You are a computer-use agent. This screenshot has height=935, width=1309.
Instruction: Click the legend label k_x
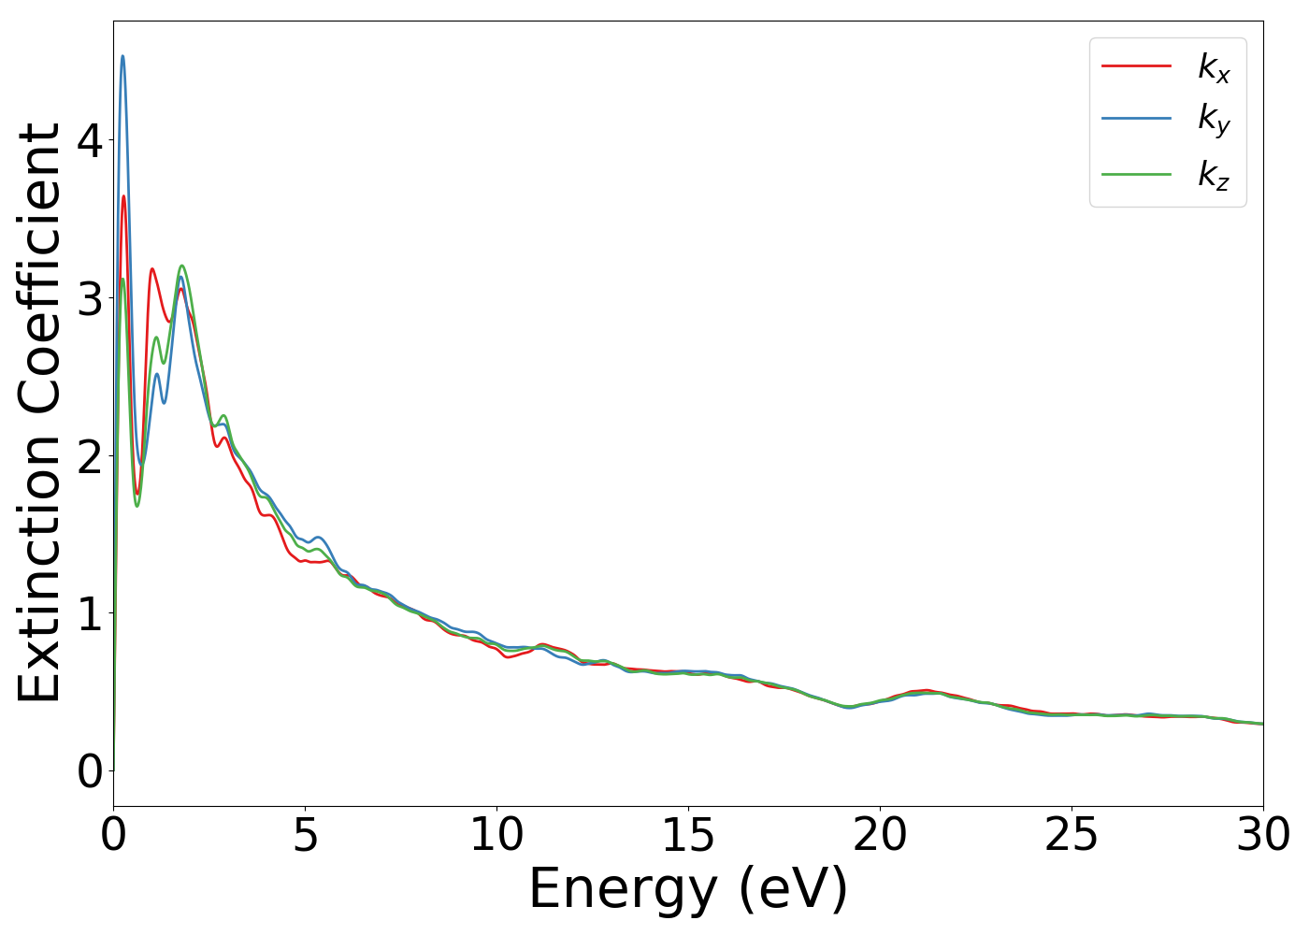click(x=1214, y=67)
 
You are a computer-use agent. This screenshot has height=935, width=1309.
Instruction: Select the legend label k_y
click(x=1214, y=120)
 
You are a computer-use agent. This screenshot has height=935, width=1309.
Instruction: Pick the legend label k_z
click(x=1214, y=175)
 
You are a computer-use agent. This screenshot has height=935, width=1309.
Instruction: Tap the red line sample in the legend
click(x=1136, y=65)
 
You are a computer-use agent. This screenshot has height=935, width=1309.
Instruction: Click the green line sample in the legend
click(x=1136, y=173)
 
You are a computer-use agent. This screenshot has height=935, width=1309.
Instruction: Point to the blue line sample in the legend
click(x=1136, y=118)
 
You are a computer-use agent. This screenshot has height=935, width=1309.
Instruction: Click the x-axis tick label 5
click(x=305, y=836)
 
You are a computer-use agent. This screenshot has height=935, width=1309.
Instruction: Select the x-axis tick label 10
click(x=496, y=836)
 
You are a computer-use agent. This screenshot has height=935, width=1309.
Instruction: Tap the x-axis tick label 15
click(x=688, y=836)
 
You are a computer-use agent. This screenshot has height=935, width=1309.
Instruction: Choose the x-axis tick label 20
click(x=880, y=836)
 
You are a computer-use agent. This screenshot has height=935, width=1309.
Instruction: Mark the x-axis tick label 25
click(x=1072, y=836)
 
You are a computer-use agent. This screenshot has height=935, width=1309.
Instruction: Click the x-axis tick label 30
click(x=1263, y=836)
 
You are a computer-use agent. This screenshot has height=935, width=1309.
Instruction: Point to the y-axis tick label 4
click(x=90, y=140)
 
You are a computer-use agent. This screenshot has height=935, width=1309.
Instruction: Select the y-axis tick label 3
click(x=90, y=298)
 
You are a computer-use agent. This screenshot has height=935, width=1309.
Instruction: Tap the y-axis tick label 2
click(x=90, y=456)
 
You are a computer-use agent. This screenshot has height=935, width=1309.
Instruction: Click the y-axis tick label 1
click(x=90, y=614)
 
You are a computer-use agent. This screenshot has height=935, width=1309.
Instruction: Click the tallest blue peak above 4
click(x=122, y=56)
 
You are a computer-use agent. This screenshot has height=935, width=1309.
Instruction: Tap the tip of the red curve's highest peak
click(x=123, y=195)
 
